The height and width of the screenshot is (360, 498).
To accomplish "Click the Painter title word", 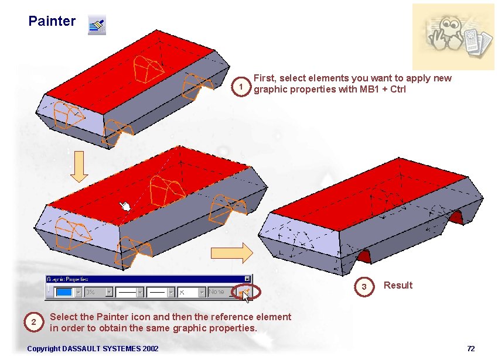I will tap(52, 22).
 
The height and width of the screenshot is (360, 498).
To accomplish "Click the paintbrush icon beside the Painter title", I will tap(97, 25).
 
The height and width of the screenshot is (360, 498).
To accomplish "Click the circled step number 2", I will tap(34, 322).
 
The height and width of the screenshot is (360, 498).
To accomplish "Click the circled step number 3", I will tap(364, 286).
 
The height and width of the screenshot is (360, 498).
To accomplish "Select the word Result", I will tap(398, 285).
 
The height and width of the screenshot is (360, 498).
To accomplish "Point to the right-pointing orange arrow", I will tap(231, 252).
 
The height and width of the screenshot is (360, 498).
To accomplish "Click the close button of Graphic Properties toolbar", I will tap(247, 279).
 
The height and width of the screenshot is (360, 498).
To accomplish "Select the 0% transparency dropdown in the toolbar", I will tap(98, 291).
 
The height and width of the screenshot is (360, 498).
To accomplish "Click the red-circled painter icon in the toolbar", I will tap(244, 291).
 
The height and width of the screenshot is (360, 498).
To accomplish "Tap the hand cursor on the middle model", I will tap(124, 206).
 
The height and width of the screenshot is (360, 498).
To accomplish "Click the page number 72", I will tap(470, 349).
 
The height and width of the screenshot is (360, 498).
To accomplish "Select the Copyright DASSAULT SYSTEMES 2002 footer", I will tap(93, 349).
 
